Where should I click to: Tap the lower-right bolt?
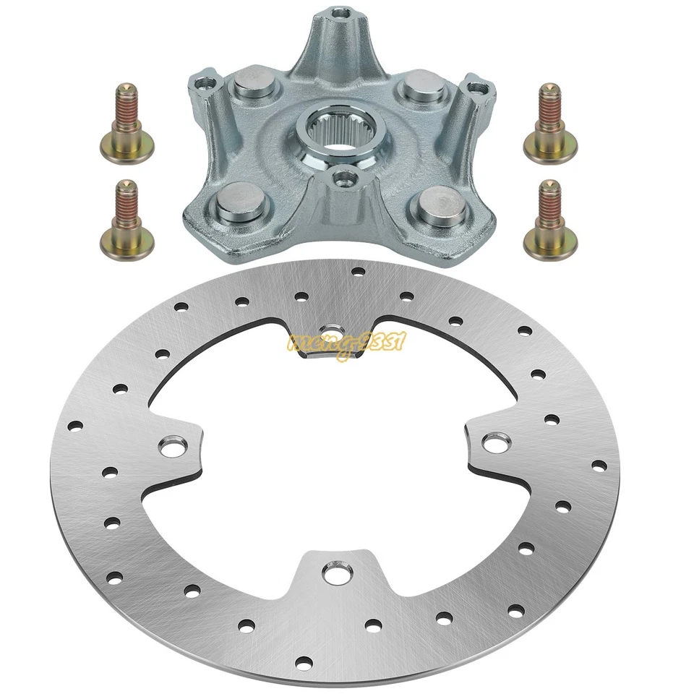549,220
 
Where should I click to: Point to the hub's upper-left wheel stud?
246,90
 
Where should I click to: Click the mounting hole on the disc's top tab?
332,330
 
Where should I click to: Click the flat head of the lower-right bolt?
549,247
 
